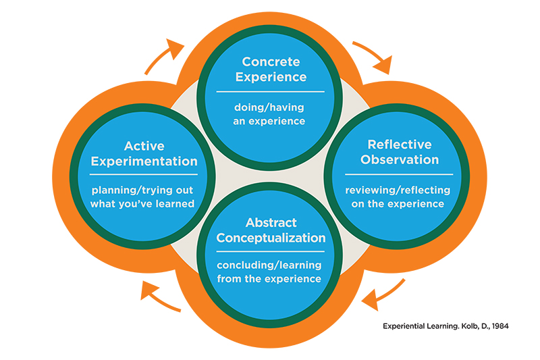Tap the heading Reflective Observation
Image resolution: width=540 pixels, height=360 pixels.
400,152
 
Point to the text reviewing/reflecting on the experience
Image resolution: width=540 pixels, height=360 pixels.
400,197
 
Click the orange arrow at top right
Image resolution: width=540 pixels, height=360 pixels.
372,57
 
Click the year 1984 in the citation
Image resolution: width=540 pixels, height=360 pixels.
498,326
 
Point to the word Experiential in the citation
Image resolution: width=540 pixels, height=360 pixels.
403,326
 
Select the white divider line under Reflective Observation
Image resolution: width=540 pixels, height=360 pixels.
400,174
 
